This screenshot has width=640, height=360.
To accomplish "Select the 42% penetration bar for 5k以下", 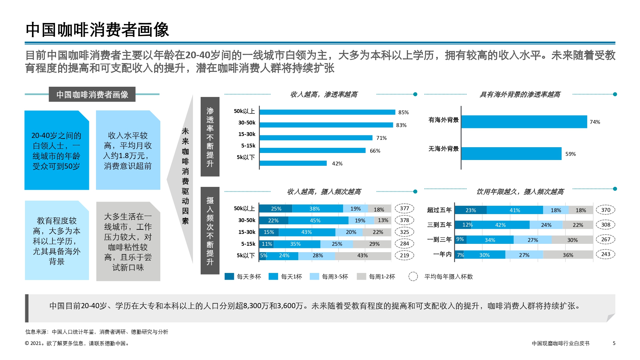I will coord(293,163).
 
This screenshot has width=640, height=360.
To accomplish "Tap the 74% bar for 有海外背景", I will coord(524,122).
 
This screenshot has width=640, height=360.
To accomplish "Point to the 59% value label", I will coord(570,154).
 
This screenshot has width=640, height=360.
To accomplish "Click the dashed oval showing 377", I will coord(404,208).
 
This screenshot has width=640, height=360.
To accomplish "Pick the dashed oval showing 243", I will coord(605,254).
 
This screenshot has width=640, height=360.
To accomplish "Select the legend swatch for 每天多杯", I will coord(229,276).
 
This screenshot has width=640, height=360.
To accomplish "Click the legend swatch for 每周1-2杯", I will coord(361,276).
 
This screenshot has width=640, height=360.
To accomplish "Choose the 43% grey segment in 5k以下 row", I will coord(363,256).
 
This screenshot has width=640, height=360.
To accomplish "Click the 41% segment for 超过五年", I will coord(515,210).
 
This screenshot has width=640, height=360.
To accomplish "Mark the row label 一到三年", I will coord(439,239).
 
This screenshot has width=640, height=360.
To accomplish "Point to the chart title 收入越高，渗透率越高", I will coord(324,94).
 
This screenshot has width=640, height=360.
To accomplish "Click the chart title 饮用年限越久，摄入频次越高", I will coord(520,192).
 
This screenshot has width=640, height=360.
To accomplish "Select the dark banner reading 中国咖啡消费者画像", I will coord(92,94).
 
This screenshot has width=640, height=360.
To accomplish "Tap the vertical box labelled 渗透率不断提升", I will coord(210,137).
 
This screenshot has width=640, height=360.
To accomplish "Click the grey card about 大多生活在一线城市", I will coord(128,242).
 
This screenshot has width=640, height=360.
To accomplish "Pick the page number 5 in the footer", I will coord(614,343).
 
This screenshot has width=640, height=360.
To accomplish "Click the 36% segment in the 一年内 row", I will coord(568,255).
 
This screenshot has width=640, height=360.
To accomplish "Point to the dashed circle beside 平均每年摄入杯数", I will coord(413,276).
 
